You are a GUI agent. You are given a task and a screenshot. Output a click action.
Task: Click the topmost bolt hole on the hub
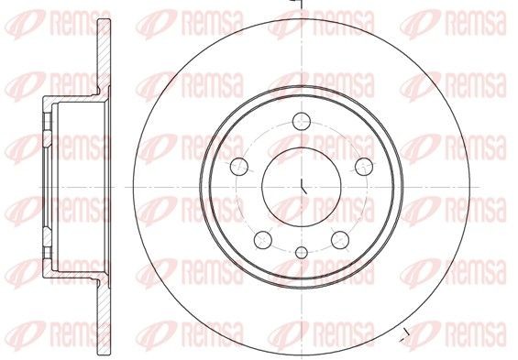click(303, 119)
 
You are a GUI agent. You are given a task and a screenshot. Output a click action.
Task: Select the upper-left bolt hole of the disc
click(238, 166)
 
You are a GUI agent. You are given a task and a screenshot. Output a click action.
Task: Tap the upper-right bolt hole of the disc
click(365, 165)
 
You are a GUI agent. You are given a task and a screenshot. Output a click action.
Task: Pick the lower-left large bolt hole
click(263, 240)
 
